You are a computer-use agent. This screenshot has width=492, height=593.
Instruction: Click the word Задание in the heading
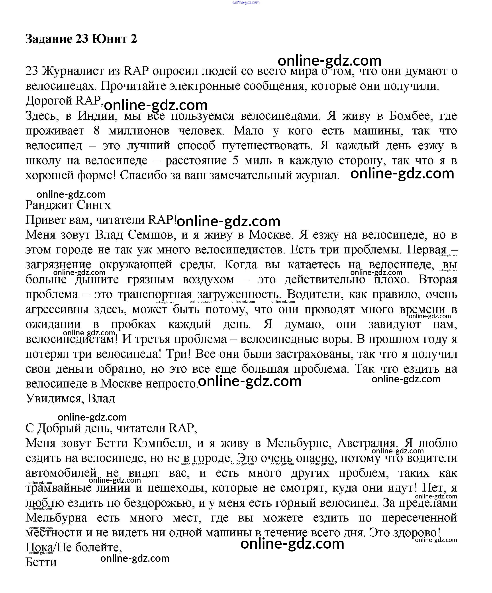pos(49,39)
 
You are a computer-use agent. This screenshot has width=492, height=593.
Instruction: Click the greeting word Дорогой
pos(49,101)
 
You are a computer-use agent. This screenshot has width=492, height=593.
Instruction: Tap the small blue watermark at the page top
pos(246,2)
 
